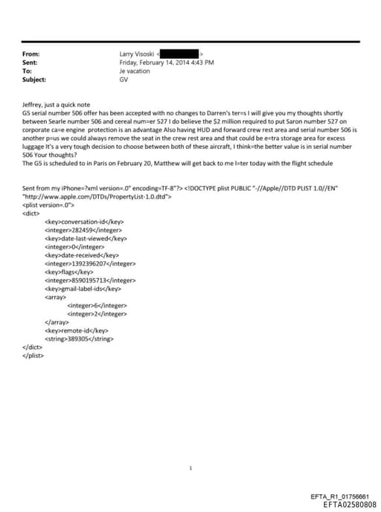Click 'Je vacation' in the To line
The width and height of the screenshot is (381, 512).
(135, 71)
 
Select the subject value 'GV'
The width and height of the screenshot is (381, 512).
(124, 79)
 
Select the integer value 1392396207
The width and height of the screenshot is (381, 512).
(91, 263)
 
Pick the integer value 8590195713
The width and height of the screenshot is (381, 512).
(91, 281)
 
